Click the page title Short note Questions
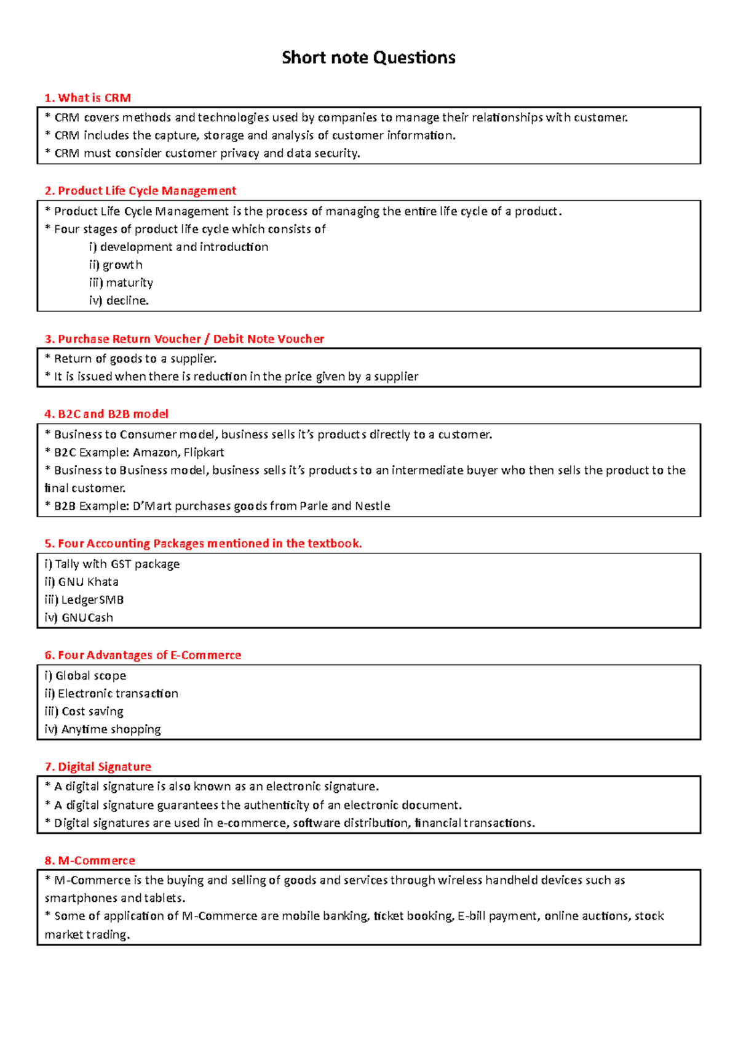pos(368,58)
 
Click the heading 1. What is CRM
pos(87,98)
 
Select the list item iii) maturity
pos(121,283)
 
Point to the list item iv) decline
pos(119,300)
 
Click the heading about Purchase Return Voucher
pos(184,339)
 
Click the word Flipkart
pos(204,452)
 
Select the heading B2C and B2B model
pos(106,414)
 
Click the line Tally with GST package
pos(112,564)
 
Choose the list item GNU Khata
pos(81,582)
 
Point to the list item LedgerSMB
pos(84,600)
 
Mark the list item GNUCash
pos(79,617)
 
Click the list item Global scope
pos(85,675)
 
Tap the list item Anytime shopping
pos(103,729)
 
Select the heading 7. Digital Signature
pos(98,766)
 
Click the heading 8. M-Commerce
pos(90,860)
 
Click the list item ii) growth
pos(116,265)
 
